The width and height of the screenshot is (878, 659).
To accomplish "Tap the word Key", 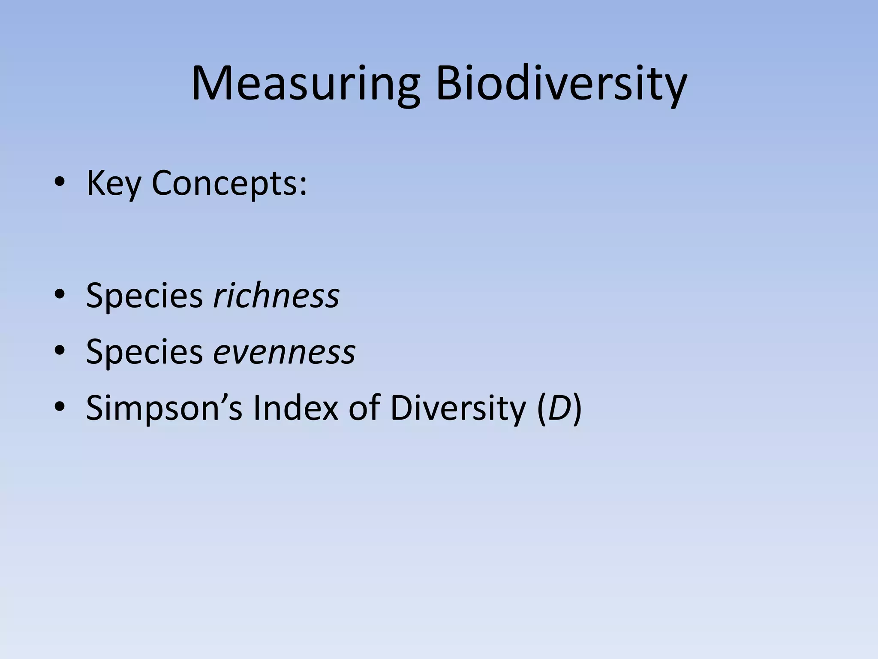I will pyautogui.click(x=114, y=184).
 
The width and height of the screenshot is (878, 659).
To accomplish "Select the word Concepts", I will pyautogui.click(x=225, y=184).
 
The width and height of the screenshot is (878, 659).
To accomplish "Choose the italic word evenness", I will pyautogui.click(x=285, y=351).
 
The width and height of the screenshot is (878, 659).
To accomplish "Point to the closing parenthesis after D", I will pyautogui.click(x=577, y=408).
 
